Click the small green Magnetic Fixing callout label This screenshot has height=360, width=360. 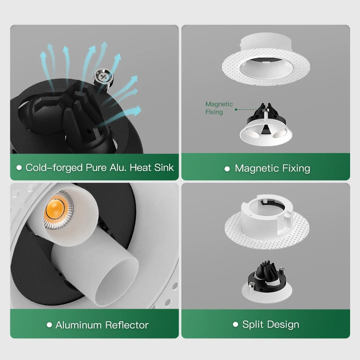point(219,108)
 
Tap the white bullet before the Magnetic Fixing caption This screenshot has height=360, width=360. point(227,169)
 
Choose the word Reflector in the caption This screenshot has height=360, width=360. point(127,324)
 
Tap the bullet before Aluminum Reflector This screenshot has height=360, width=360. point(49,324)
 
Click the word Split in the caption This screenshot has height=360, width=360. point(252,324)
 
